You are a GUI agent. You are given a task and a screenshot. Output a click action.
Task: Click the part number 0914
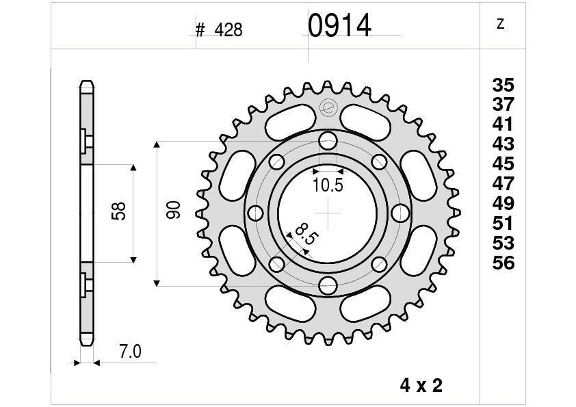[x=339, y=26]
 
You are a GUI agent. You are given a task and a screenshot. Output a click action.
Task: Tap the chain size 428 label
[x=228, y=30]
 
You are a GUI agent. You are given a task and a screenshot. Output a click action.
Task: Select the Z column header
[x=500, y=25]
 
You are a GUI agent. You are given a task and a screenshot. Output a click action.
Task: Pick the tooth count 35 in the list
[x=503, y=86]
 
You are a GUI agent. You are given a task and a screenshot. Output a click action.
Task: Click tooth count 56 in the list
[x=503, y=263]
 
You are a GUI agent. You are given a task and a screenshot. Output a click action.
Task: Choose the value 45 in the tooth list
[x=503, y=164]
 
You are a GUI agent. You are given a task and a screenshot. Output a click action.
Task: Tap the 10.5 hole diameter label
[x=328, y=184]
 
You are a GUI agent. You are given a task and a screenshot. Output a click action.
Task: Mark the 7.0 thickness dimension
[x=129, y=352]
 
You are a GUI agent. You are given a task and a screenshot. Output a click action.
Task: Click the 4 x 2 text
[x=421, y=386]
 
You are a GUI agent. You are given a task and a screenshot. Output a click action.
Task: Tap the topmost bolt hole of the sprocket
[x=328, y=141]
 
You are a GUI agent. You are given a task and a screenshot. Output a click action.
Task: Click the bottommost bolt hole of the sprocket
[x=328, y=285]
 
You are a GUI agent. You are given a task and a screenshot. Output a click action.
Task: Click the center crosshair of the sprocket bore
[x=328, y=213]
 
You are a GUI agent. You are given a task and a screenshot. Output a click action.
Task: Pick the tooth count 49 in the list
[x=503, y=204]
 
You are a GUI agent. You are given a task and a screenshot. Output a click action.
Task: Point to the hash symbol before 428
[x=200, y=30]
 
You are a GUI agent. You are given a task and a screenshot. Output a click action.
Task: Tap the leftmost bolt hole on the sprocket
[x=257, y=213]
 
